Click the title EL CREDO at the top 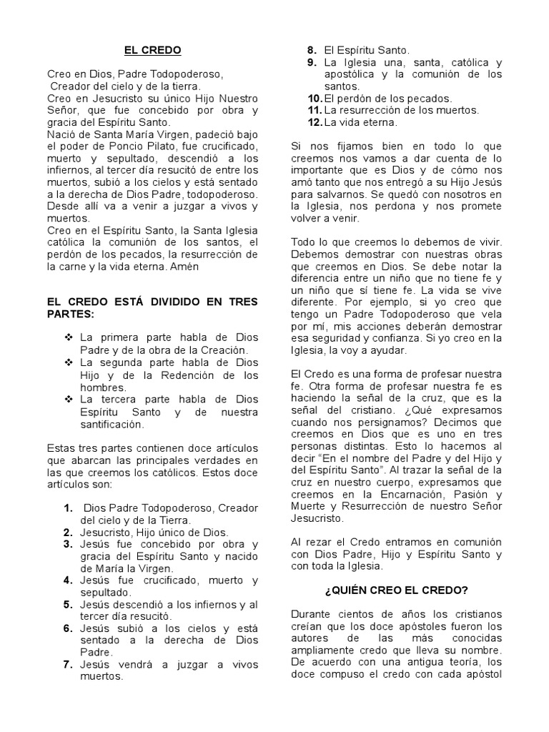coord(153,50)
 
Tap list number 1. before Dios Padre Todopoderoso coord(69,508)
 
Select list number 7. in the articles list coord(69,664)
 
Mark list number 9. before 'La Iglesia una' coord(312,62)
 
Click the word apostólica coord(352,74)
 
